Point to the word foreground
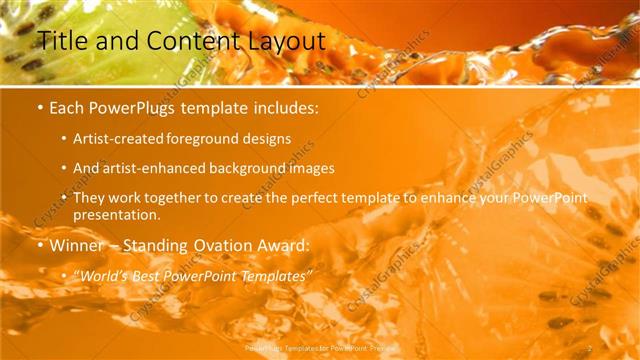[x=210, y=139]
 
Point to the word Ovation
[x=227, y=245]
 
